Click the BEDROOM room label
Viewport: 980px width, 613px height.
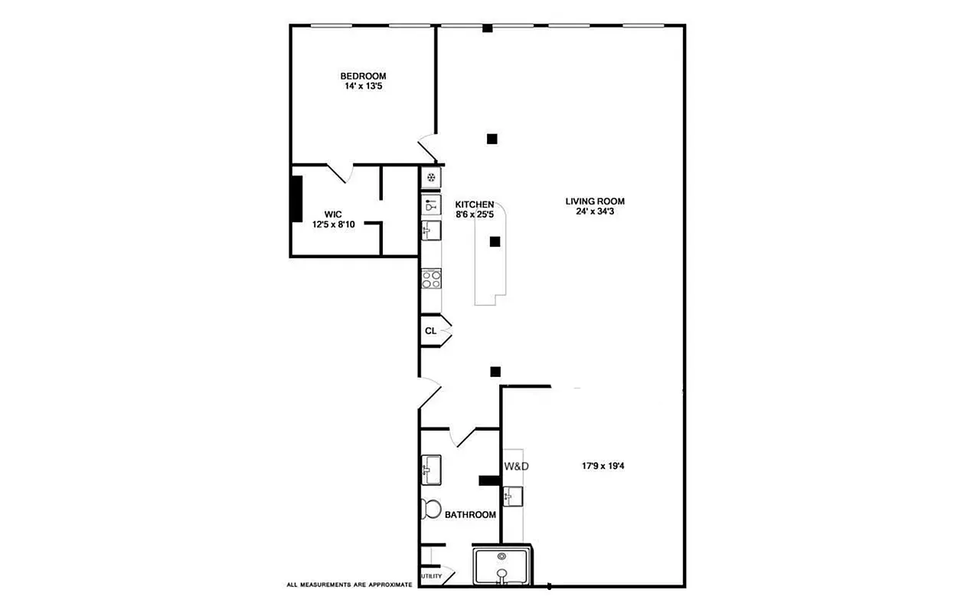click(x=363, y=76)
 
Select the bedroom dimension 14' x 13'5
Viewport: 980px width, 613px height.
click(x=363, y=87)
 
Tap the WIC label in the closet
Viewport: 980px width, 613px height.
click(x=332, y=215)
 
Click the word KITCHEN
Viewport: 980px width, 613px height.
click(x=475, y=205)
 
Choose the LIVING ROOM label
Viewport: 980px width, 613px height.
click(x=590, y=202)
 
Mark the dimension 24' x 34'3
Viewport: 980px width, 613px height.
click(x=590, y=211)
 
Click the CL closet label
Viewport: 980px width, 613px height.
click(x=430, y=331)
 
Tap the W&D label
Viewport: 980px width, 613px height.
click(x=516, y=466)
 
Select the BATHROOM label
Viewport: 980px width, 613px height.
click(x=470, y=515)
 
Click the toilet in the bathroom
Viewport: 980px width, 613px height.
click(x=430, y=509)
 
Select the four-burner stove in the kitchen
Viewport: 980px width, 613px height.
click(x=431, y=278)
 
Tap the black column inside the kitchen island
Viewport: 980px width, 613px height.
click(x=495, y=241)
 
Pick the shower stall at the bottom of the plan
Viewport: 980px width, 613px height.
click(x=502, y=567)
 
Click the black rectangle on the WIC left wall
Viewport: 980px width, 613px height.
click(x=296, y=199)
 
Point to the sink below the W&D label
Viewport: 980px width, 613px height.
click(x=512, y=496)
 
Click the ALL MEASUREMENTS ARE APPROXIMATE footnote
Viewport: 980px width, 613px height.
click(x=349, y=585)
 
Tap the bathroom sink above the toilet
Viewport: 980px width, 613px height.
click(x=430, y=469)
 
